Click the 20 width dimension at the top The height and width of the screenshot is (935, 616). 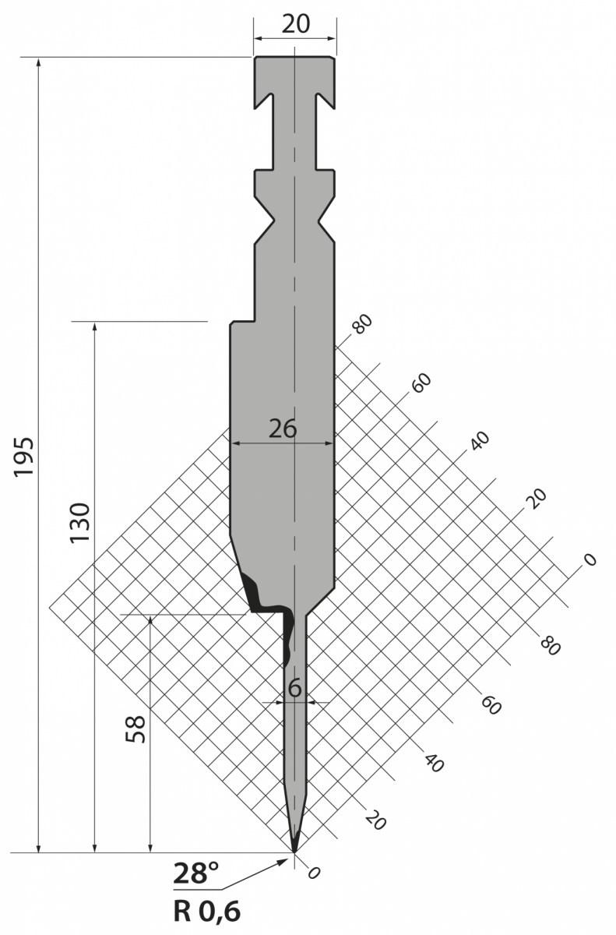(296, 24)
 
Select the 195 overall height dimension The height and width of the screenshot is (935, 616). (23, 457)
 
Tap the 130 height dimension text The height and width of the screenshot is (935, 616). (79, 523)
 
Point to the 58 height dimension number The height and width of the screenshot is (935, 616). (136, 729)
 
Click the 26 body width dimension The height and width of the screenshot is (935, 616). (283, 429)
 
